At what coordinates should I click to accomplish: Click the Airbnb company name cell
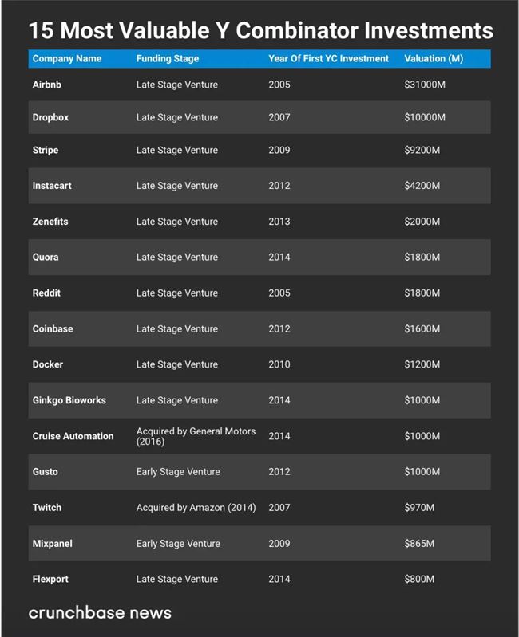pos(46,85)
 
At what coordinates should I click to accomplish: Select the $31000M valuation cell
pos(425,85)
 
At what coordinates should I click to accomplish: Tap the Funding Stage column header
pos(168,59)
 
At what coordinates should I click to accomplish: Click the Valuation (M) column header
pos(434,59)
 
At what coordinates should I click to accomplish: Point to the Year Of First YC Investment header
pos(328,59)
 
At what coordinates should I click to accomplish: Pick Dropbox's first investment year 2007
pos(279,117)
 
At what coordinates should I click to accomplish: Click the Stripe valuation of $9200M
pos(422,150)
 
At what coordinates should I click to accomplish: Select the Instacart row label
pos(52,186)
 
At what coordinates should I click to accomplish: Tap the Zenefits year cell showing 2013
pos(279,222)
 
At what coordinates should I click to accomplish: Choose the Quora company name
pos(46,258)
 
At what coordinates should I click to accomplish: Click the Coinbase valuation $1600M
pos(422,328)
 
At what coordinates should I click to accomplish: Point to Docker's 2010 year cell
pos(279,364)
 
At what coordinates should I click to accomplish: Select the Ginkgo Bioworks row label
pos(69,400)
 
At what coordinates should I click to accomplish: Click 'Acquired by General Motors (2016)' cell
pos(196,436)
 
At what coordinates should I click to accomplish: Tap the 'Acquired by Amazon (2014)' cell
pos(196,508)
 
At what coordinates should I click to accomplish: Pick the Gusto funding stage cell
pos(178,472)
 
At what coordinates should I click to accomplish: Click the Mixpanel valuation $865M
pos(419,544)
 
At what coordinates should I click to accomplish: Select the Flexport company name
pos(50,580)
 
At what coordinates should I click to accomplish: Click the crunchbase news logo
pos(100,613)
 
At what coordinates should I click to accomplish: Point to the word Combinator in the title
pos(297,31)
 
